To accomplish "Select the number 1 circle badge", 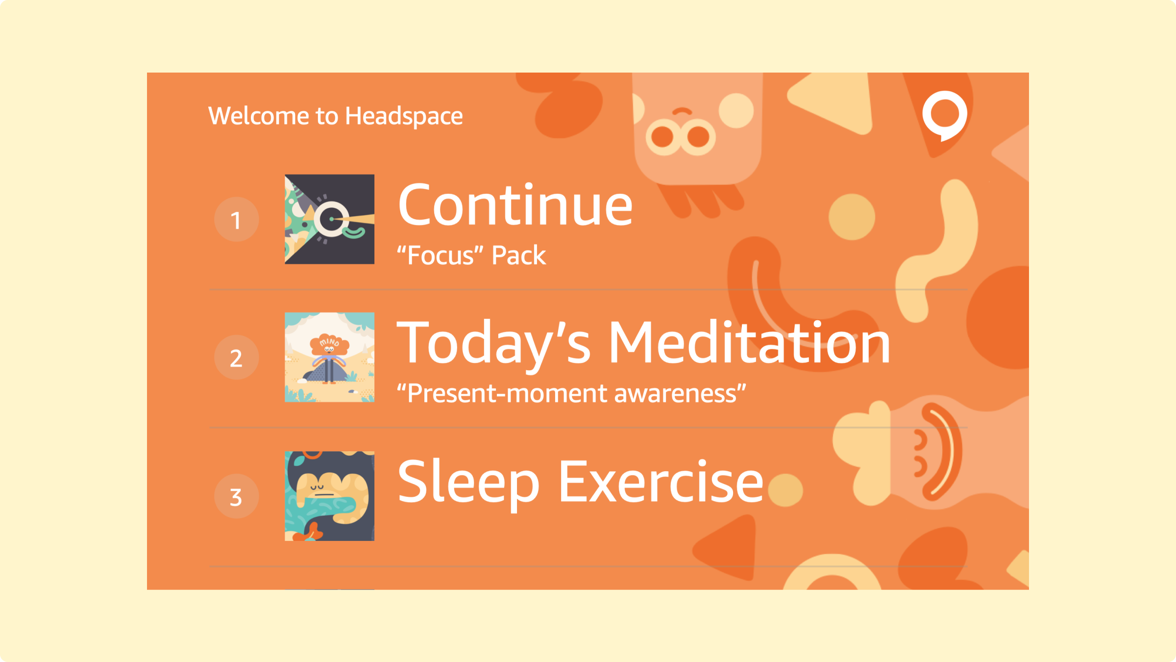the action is (x=236, y=219).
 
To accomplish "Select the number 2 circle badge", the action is (x=236, y=357).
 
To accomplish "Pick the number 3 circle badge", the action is (x=236, y=496).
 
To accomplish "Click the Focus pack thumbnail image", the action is (x=329, y=219).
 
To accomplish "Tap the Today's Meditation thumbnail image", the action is (x=329, y=357).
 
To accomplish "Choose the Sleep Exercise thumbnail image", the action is (x=329, y=496).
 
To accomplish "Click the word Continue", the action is (x=515, y=204).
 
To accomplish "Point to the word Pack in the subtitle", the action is (x=518, y=255).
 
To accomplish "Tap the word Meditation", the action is (x=749, y=342).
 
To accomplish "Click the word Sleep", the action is (x=468, y=483).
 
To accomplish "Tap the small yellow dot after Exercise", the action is (x=785, y=489).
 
